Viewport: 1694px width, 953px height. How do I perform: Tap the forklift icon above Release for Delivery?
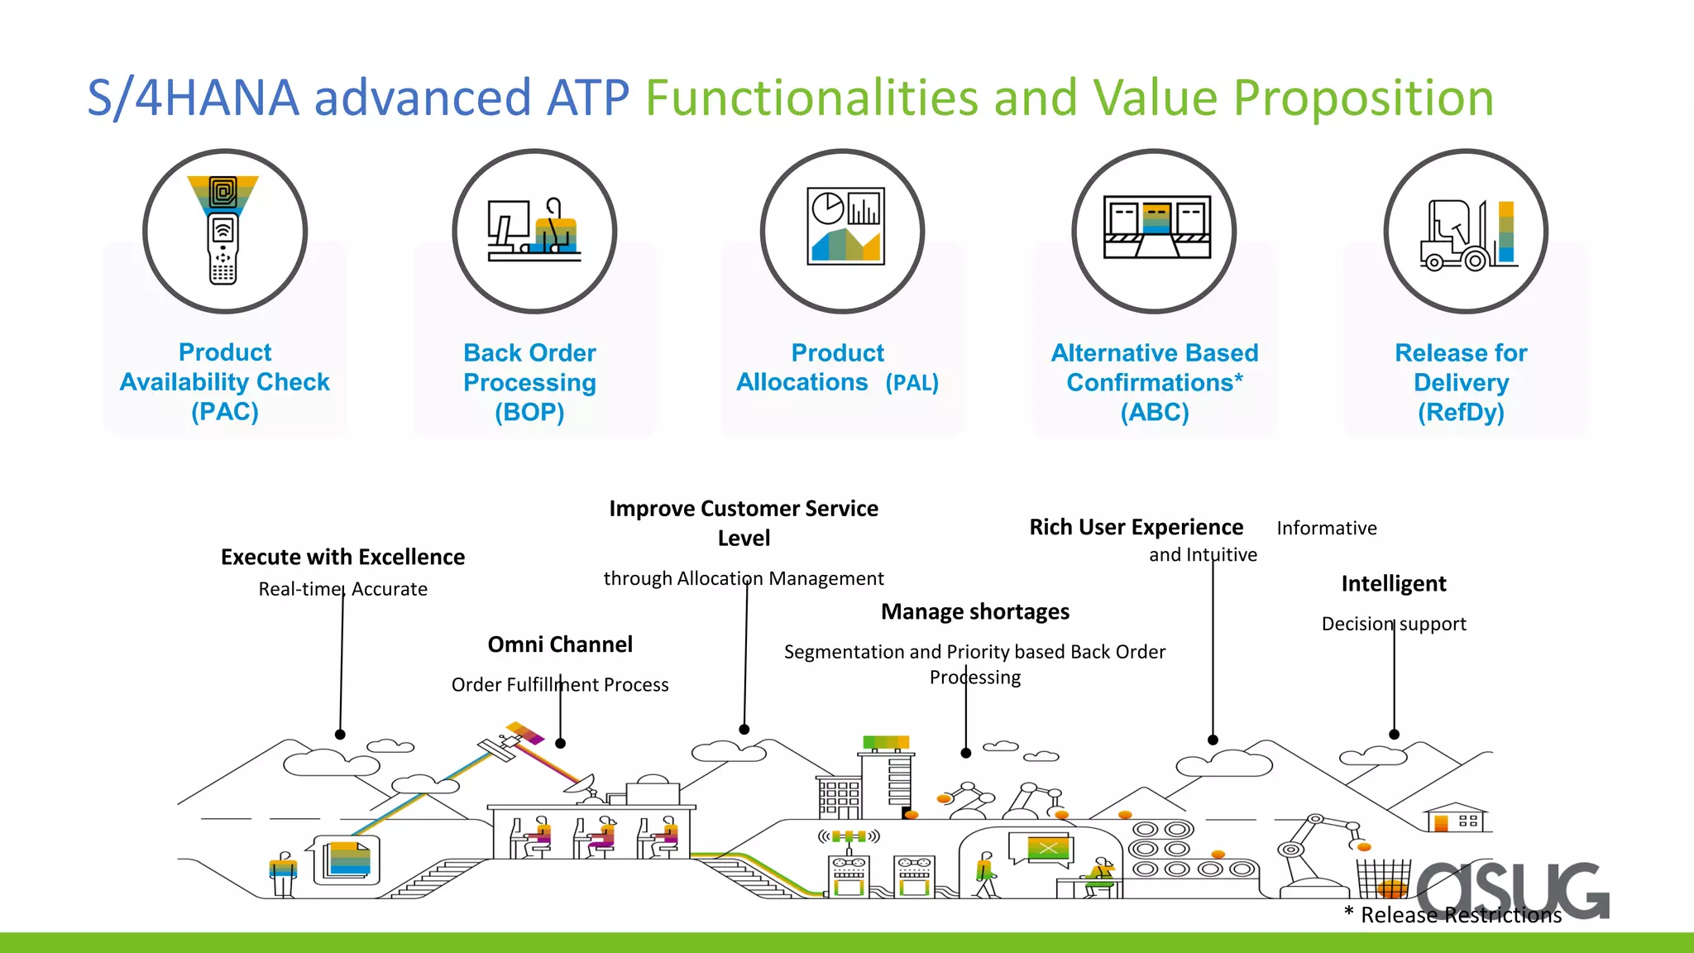click(1466, 234)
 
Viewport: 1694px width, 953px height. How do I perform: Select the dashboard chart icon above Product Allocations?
click(845, 227)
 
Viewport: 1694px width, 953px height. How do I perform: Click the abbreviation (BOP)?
click(529, 412)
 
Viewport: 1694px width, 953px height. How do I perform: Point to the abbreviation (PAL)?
click(912, 383)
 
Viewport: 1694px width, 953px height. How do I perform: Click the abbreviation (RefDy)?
click(1461, 412)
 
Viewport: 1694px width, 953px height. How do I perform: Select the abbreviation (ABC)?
click(1155, 412)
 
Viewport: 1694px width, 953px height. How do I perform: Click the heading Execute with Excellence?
click(342, 557)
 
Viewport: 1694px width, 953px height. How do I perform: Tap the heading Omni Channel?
click(560, 644)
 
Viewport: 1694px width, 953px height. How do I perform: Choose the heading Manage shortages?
click(974, 611)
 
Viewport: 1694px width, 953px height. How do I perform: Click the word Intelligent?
click(1394, 584)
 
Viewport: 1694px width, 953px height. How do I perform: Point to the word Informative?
click(1327, 529)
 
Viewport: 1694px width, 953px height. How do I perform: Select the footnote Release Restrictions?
click(1460, 915)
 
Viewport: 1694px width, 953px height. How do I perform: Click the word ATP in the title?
click(588, 98)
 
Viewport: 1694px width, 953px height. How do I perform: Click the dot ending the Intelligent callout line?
click(1394, 735)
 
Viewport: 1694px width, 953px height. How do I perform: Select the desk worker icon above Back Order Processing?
click(534, 232)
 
